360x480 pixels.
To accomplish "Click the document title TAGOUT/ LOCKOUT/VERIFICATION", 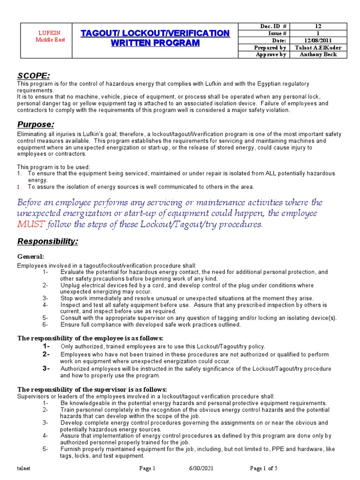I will tap(155, 33).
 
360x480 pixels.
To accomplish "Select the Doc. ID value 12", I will tap(318, 26).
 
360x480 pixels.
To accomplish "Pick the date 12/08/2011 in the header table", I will tap(318, 40).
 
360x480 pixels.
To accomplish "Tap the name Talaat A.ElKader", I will tap(318, 47).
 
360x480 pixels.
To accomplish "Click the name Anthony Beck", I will tap(318, 54).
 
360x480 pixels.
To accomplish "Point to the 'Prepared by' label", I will tap(270, 47).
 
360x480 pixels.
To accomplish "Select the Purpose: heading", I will tap(36, 124).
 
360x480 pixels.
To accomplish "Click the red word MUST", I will tap(31, 224).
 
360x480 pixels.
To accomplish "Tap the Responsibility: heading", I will tap(48, 241).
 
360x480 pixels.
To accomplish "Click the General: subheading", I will tap(30, 256).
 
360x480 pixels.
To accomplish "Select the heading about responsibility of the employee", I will tap(90, 338).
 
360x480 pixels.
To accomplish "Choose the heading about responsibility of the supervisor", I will tap(92, 389).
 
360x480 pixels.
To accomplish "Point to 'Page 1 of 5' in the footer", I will tap(264, 468).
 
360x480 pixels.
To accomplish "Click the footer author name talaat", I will tap(24, 468).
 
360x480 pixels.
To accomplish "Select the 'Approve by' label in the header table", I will tap(270, 54).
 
